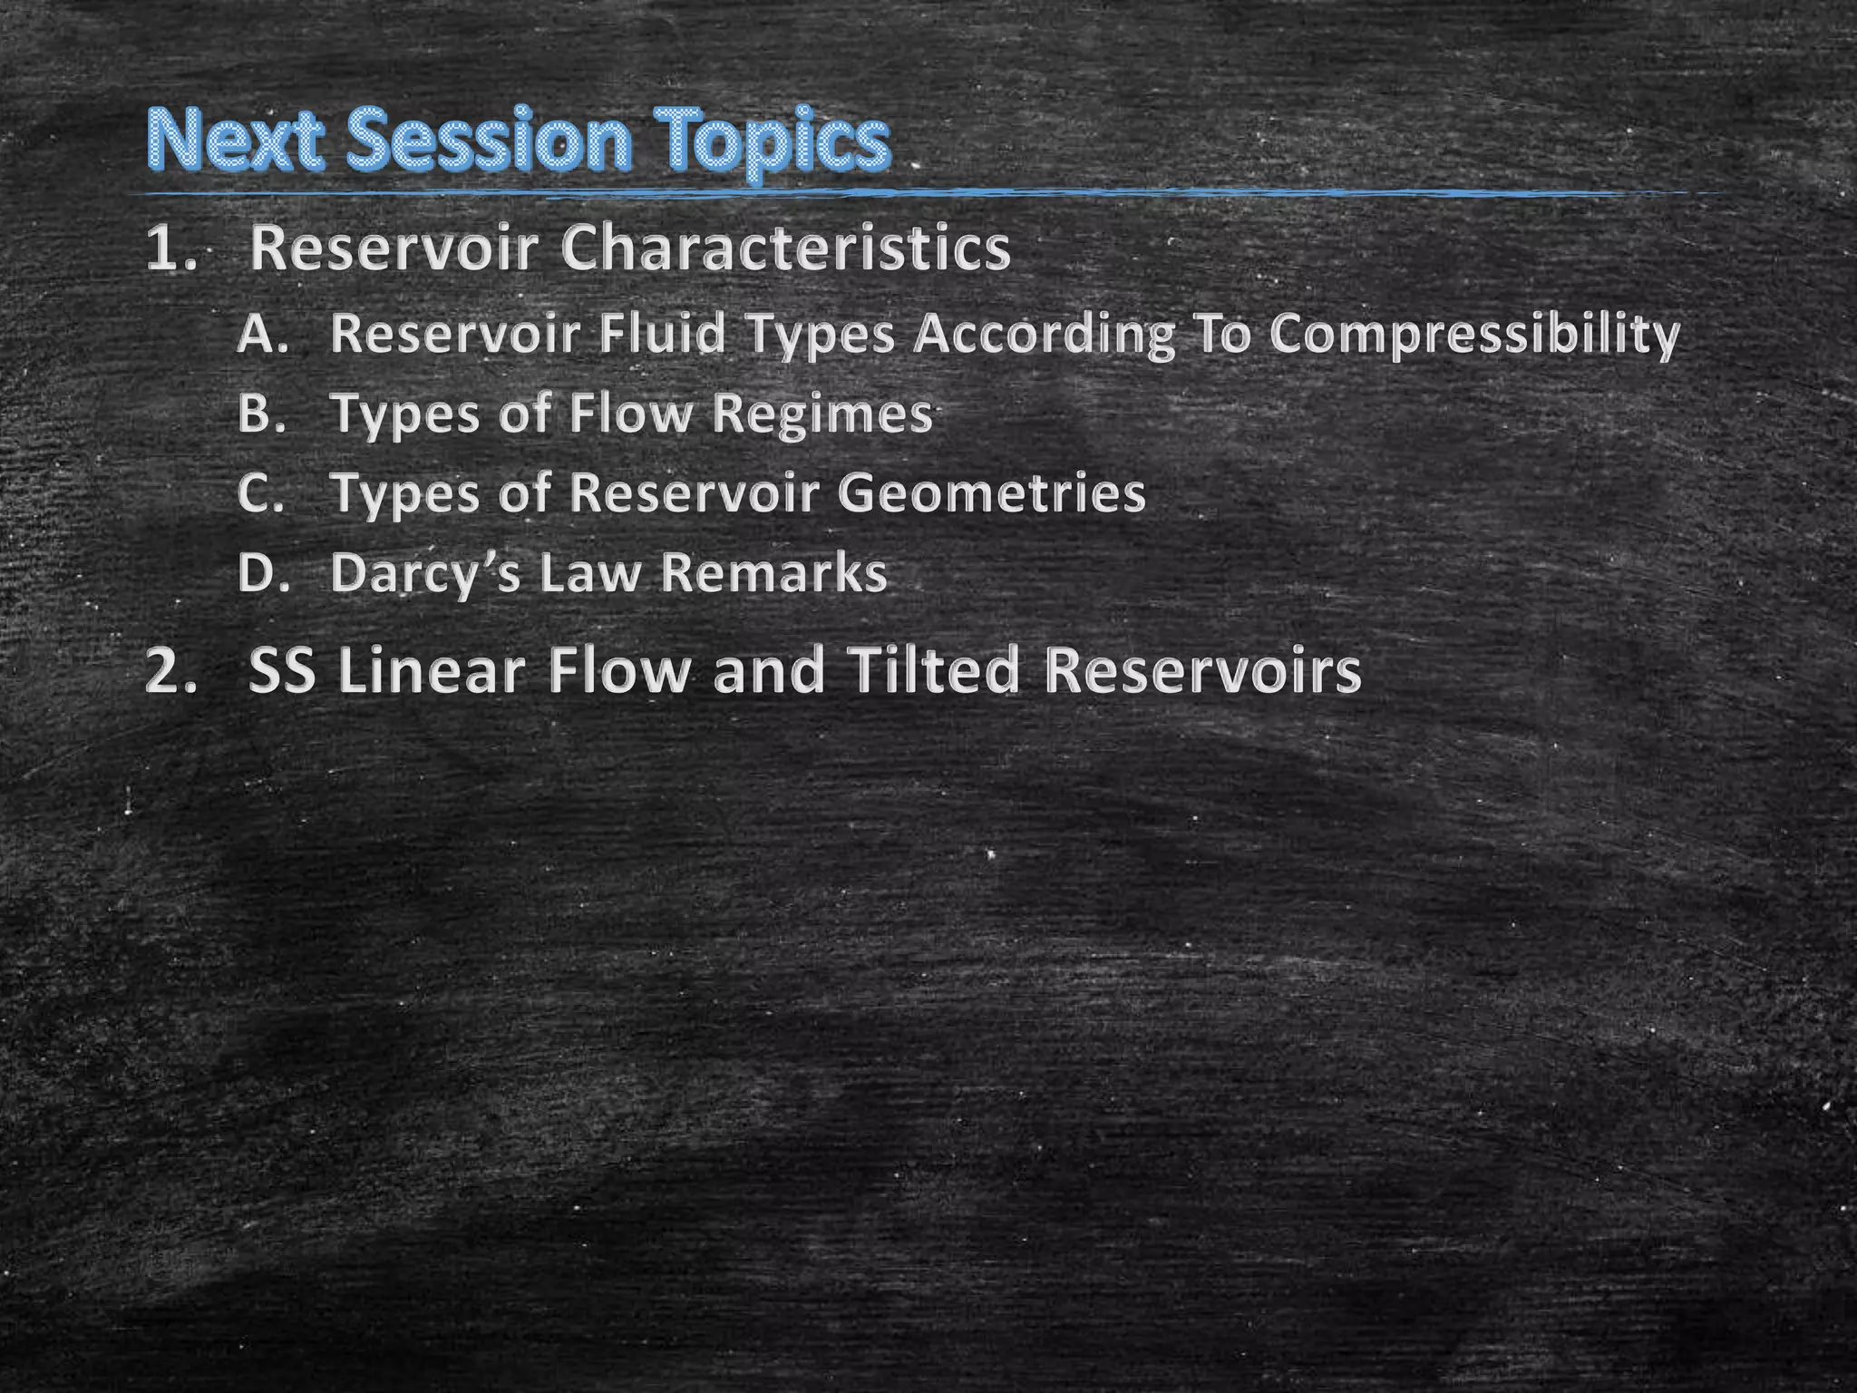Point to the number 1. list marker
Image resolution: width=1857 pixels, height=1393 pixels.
coord(171,249)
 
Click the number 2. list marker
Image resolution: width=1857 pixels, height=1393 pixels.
coord(171,672)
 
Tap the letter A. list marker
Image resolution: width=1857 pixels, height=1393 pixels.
coord(263,335)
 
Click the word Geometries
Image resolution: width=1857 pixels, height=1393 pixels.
coord(992,494)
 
